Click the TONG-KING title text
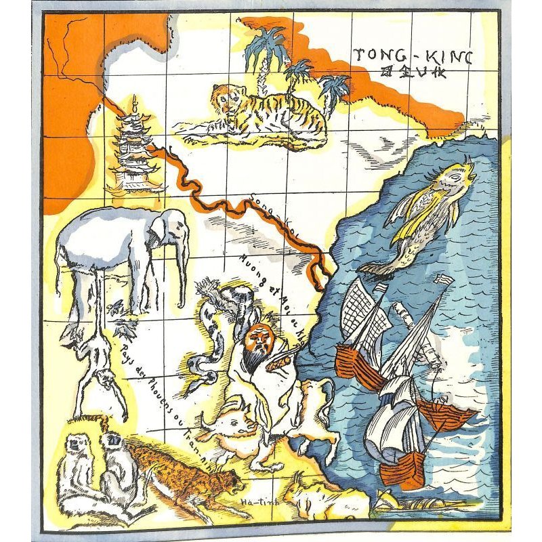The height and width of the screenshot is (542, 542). (x=414, y=56)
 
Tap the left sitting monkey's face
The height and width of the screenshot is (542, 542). (x=72, y=448)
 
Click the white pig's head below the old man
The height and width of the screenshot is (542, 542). (x=234, y=427)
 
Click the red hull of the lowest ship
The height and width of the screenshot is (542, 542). (x=402, y=468)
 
